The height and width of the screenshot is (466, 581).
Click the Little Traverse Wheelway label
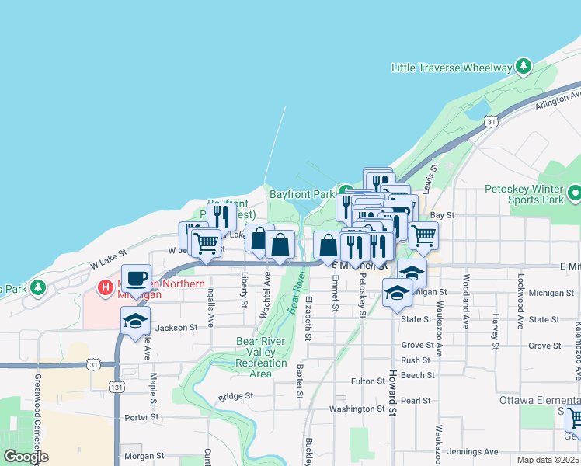(x=452, y=68)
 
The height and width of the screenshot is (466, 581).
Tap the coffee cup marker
(x=137, y=277)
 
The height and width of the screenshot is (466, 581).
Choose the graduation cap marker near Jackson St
(x=136, y=320)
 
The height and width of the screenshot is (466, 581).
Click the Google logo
(x=25, y=457)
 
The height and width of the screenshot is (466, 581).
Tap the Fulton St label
(x=368, y=381)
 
